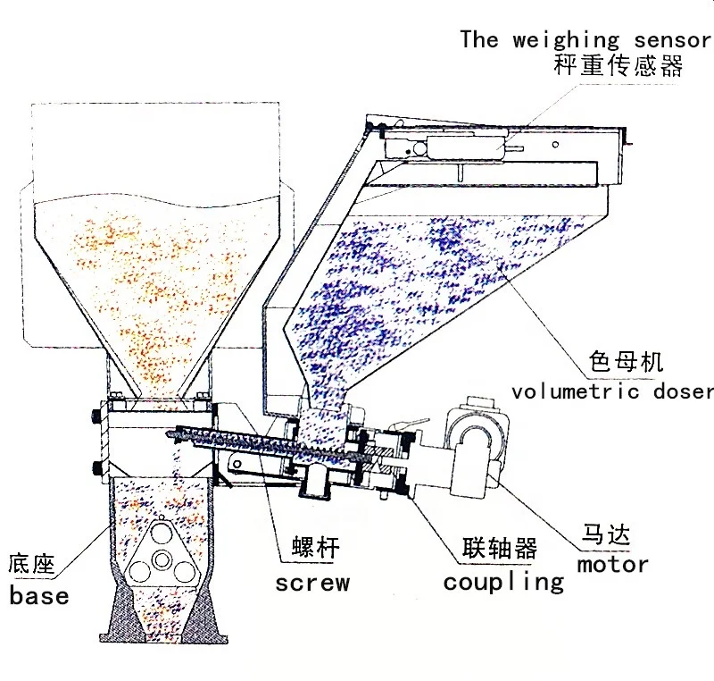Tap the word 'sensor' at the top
(x=669, y=40)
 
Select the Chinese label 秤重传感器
(x=618, y=67)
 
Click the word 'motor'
(x=612, y=564)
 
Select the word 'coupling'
(x=504, y=582)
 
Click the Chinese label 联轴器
(x=500, y=548)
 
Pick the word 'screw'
(x=311, y=584)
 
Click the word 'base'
(x=39, y=595)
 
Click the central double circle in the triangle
(x=161, y=559)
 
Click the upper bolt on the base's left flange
(x=95, y=416)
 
